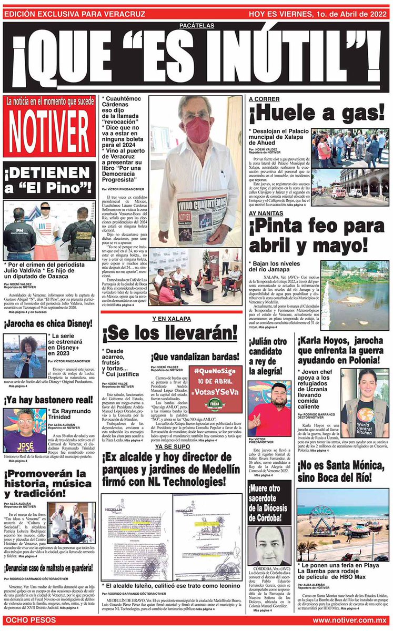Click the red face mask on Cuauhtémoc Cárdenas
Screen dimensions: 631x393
[198, 128]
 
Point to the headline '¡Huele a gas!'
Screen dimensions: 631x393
[317, 113]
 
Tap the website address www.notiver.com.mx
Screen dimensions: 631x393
[349, 621]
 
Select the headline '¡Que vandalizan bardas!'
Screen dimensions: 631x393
[196, 357]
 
